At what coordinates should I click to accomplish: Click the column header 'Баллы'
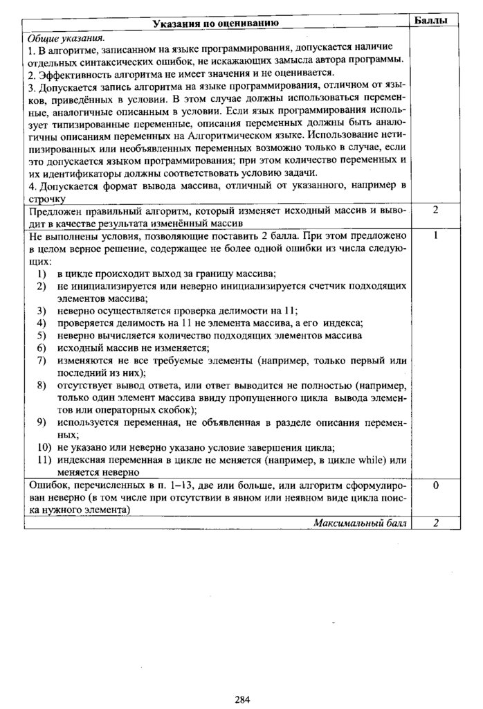point(435,21)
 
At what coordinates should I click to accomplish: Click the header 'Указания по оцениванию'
point(216,24)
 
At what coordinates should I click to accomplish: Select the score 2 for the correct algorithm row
point(435,209)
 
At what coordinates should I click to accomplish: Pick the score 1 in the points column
point(435,235)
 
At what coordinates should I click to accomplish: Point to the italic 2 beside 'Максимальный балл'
point(435,523)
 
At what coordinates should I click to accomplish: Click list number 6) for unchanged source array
point(43,348)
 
